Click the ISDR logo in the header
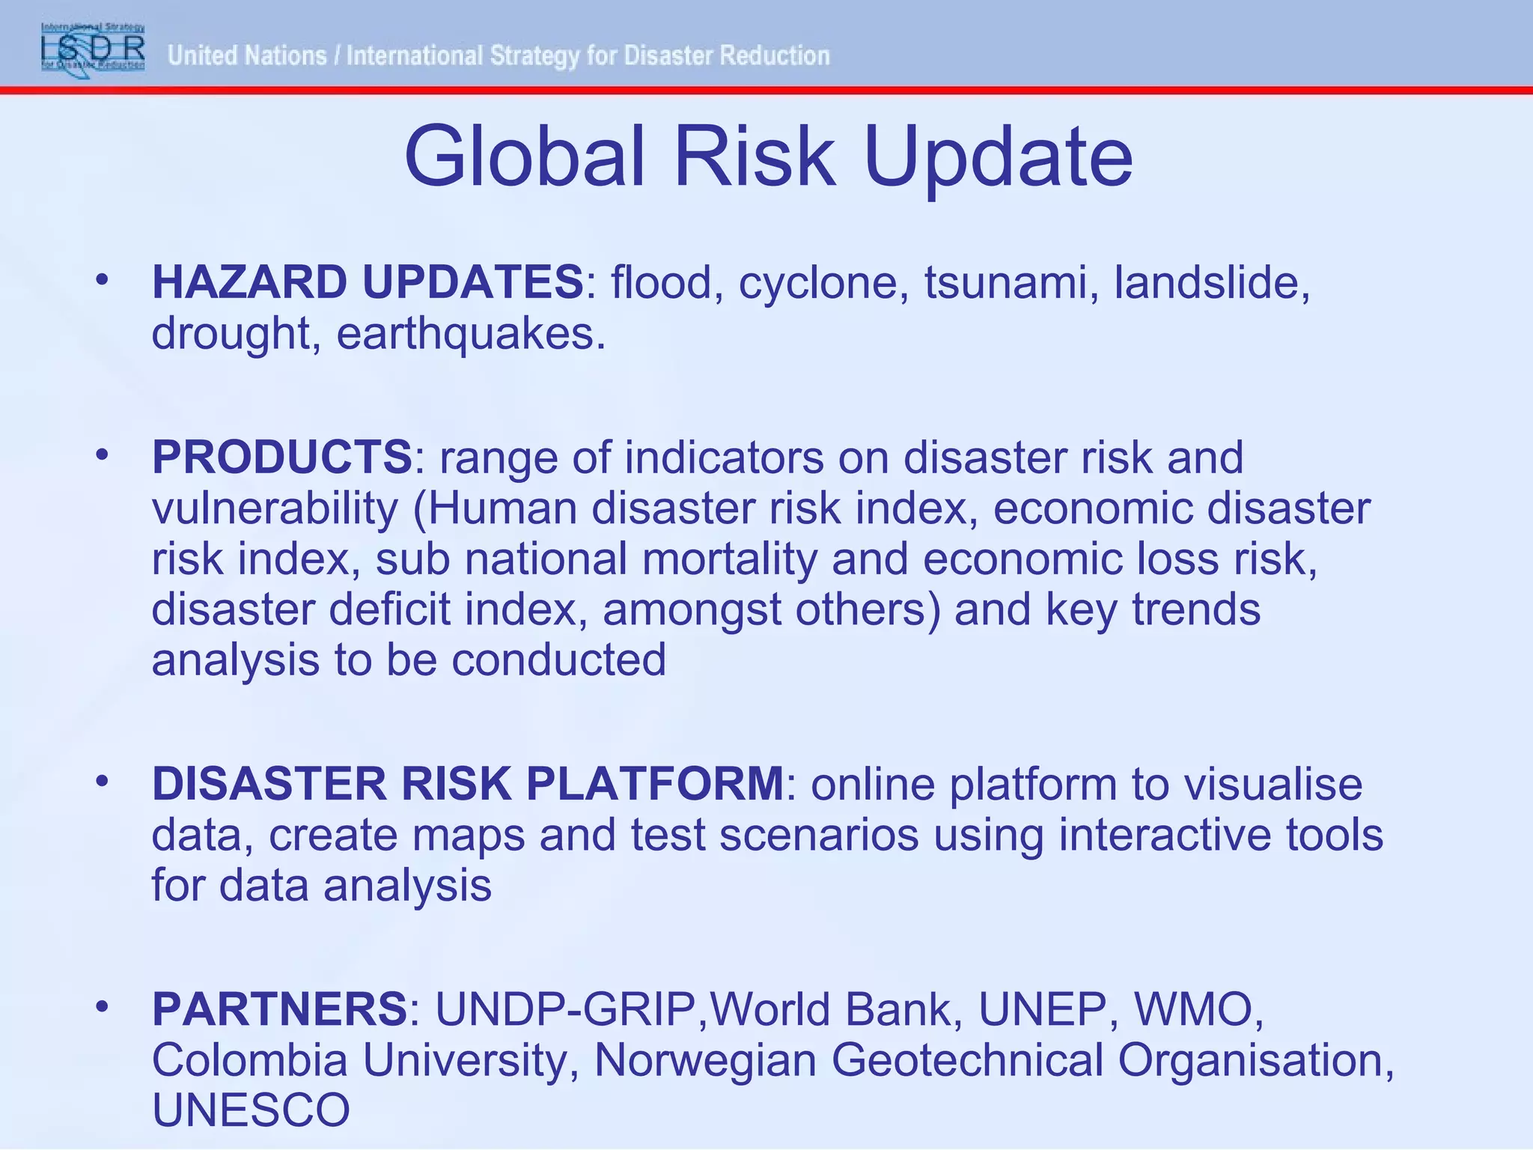click(x=93, y=47)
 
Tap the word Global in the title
click(x=524, y=158)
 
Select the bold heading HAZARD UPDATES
click(x=368, y=282)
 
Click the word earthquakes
click(x=470, y=333)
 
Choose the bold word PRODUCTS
click(x=281, y=457)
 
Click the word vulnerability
click(x=275, y=508)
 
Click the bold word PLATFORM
click(x=654, y=784)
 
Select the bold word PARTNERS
click(x=279, y=1009)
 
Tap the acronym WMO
click(x=1198, y=1009)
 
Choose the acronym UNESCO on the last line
click(x=251, y=1110)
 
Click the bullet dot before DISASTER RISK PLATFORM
click(x=103, y=782)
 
